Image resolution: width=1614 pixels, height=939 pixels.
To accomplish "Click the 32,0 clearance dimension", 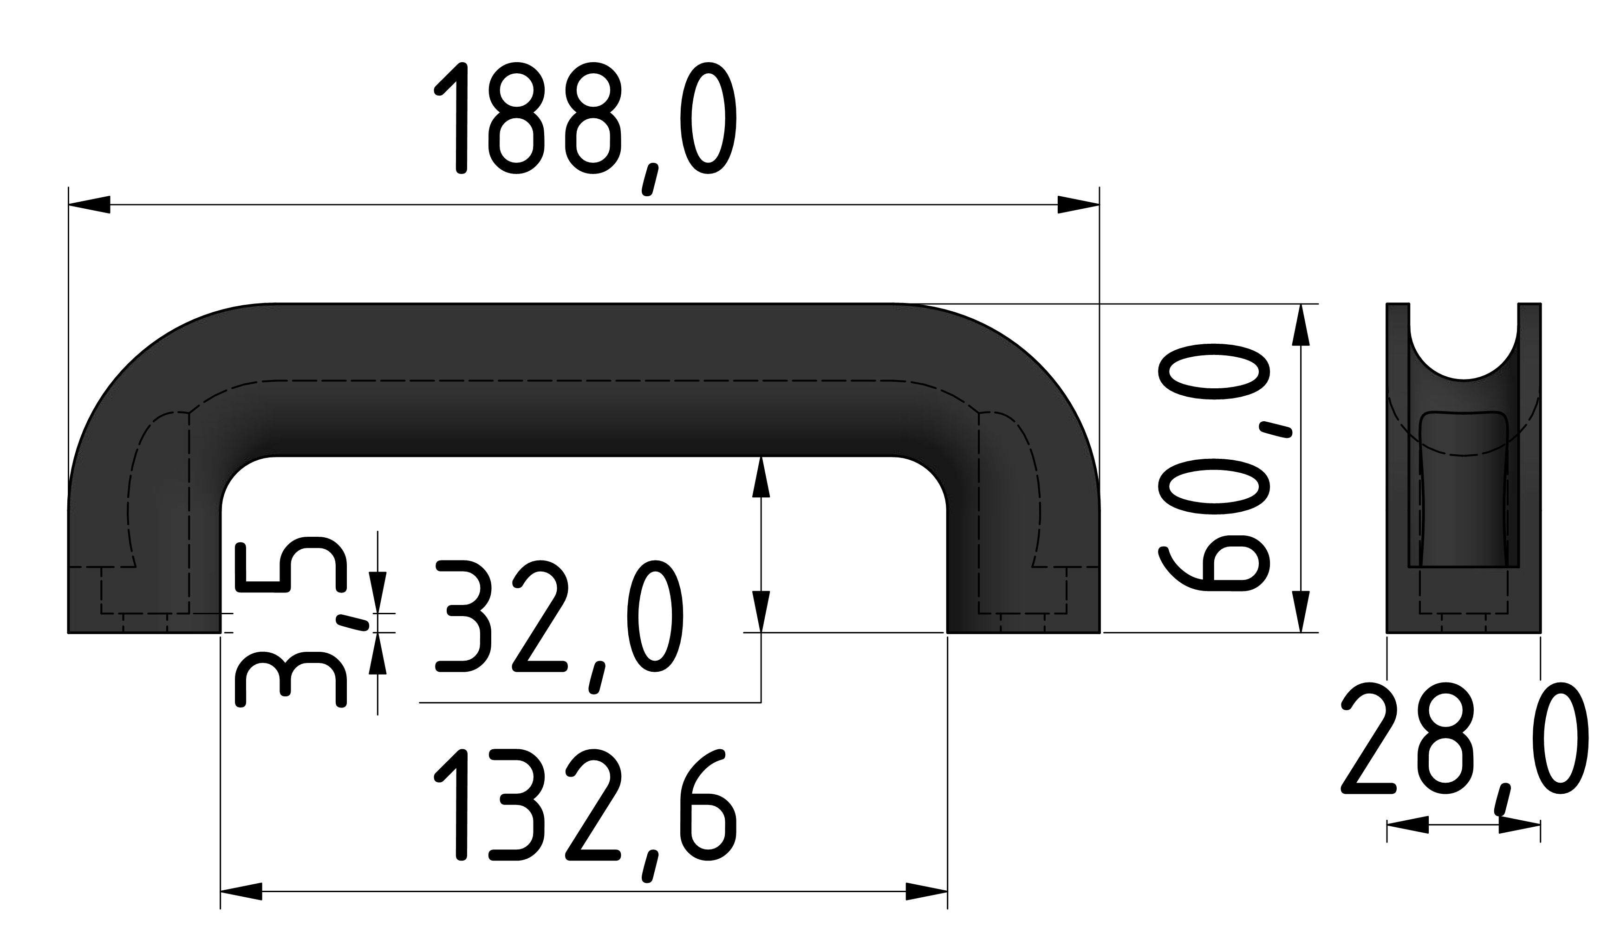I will click(x=559, y=617).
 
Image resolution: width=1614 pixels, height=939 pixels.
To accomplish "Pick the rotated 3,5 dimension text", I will click(x=292, y=622).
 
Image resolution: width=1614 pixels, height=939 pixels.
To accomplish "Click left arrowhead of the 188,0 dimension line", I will click(x=90, y=205).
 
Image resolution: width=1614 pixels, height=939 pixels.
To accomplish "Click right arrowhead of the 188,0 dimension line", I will click(x=1078, y=205).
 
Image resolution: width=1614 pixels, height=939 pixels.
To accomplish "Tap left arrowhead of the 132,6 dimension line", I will click(x=241, y=892).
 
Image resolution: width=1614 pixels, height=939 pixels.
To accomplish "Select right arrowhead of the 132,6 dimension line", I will click(x=926, y=892).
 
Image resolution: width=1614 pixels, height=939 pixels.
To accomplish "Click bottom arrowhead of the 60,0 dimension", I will click(x=1300, y=611).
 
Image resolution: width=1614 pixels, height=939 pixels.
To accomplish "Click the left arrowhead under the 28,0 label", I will click(x=1408, y=824).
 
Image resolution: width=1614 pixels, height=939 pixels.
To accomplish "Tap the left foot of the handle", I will click(x=144, y=595).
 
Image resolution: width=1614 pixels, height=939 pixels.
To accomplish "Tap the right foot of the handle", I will click(x=1023, y=595).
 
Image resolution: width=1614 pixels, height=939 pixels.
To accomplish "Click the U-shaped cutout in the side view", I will click(x=1464, y=349).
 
